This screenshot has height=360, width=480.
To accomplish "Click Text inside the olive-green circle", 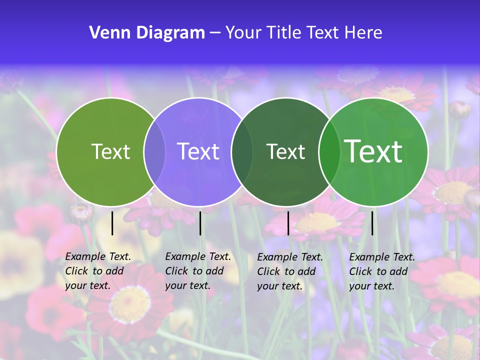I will [110, 151].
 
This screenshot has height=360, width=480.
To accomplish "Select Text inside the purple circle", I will [198, 151].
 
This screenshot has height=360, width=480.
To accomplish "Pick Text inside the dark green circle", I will [285, 151].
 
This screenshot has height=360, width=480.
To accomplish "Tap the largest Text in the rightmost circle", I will [373, 151].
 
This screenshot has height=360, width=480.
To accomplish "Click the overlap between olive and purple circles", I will [154, 152].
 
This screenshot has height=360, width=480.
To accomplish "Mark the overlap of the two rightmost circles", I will [328, 152].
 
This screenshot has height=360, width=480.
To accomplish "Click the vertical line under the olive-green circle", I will [112, 223].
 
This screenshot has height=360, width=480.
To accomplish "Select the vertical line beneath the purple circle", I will [200, 223].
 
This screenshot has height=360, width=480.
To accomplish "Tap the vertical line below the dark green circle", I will [288, 223].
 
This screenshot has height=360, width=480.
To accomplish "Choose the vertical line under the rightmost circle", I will [372, 223].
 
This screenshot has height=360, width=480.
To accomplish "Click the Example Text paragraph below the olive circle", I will [97, 271].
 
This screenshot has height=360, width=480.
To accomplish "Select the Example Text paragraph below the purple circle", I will [197, 271].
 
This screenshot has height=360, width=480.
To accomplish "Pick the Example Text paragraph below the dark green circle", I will [289, 271].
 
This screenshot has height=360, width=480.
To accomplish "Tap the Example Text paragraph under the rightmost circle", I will [381, 271].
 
